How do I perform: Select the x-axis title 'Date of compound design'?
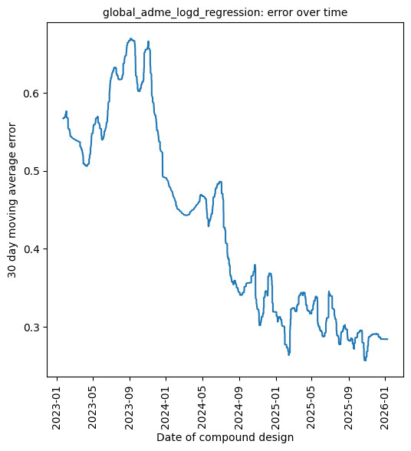(225, 437)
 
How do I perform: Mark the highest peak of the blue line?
(131, 38)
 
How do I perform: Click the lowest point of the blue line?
(365, 360)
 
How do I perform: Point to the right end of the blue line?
(388, 339)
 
